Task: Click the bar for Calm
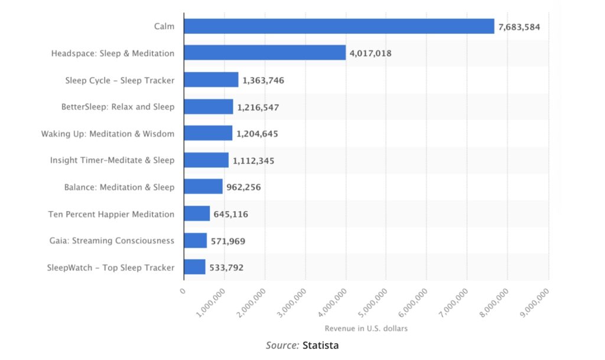tap(339, 26)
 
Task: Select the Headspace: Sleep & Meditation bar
tap(265, 53)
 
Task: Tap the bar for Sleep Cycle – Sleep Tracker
tap(211, 80)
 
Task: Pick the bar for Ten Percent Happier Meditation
tap(197, 213)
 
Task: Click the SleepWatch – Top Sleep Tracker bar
tap(194, 267)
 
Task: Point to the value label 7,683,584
tap(519, 27)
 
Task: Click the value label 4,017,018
tap(370, 53)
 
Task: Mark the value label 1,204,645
tap(257, 134)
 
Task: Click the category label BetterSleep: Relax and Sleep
tap(118, 107)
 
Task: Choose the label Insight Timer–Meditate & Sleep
tap(112, 160)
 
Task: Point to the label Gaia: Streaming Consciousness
tap(112, 241)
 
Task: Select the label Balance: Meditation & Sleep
tap(119, 187)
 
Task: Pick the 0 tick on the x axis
tap(183, 291)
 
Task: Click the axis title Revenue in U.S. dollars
tap(366, 328)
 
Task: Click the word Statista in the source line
tap(321, 345)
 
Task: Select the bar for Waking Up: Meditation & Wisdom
tap(208, 134)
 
